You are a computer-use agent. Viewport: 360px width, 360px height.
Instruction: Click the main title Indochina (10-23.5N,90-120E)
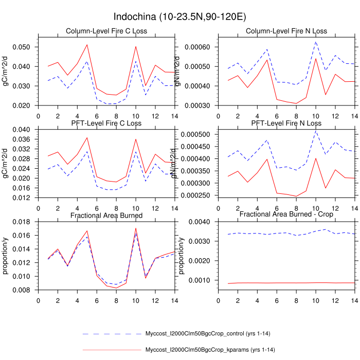pos(179,17)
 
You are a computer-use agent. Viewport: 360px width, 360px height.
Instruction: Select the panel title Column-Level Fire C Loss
pos(106,31)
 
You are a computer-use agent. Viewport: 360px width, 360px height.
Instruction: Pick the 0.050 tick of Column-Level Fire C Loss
pos(26,47)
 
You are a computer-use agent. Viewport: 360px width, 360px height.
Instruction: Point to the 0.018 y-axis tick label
pos(26,221)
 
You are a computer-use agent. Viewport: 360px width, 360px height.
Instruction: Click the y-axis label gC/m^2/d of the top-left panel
pos(6,69)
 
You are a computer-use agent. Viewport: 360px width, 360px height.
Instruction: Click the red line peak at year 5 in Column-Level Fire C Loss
pos(87,45)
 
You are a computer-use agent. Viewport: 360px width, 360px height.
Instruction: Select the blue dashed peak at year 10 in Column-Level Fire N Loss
pos(316,42)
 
